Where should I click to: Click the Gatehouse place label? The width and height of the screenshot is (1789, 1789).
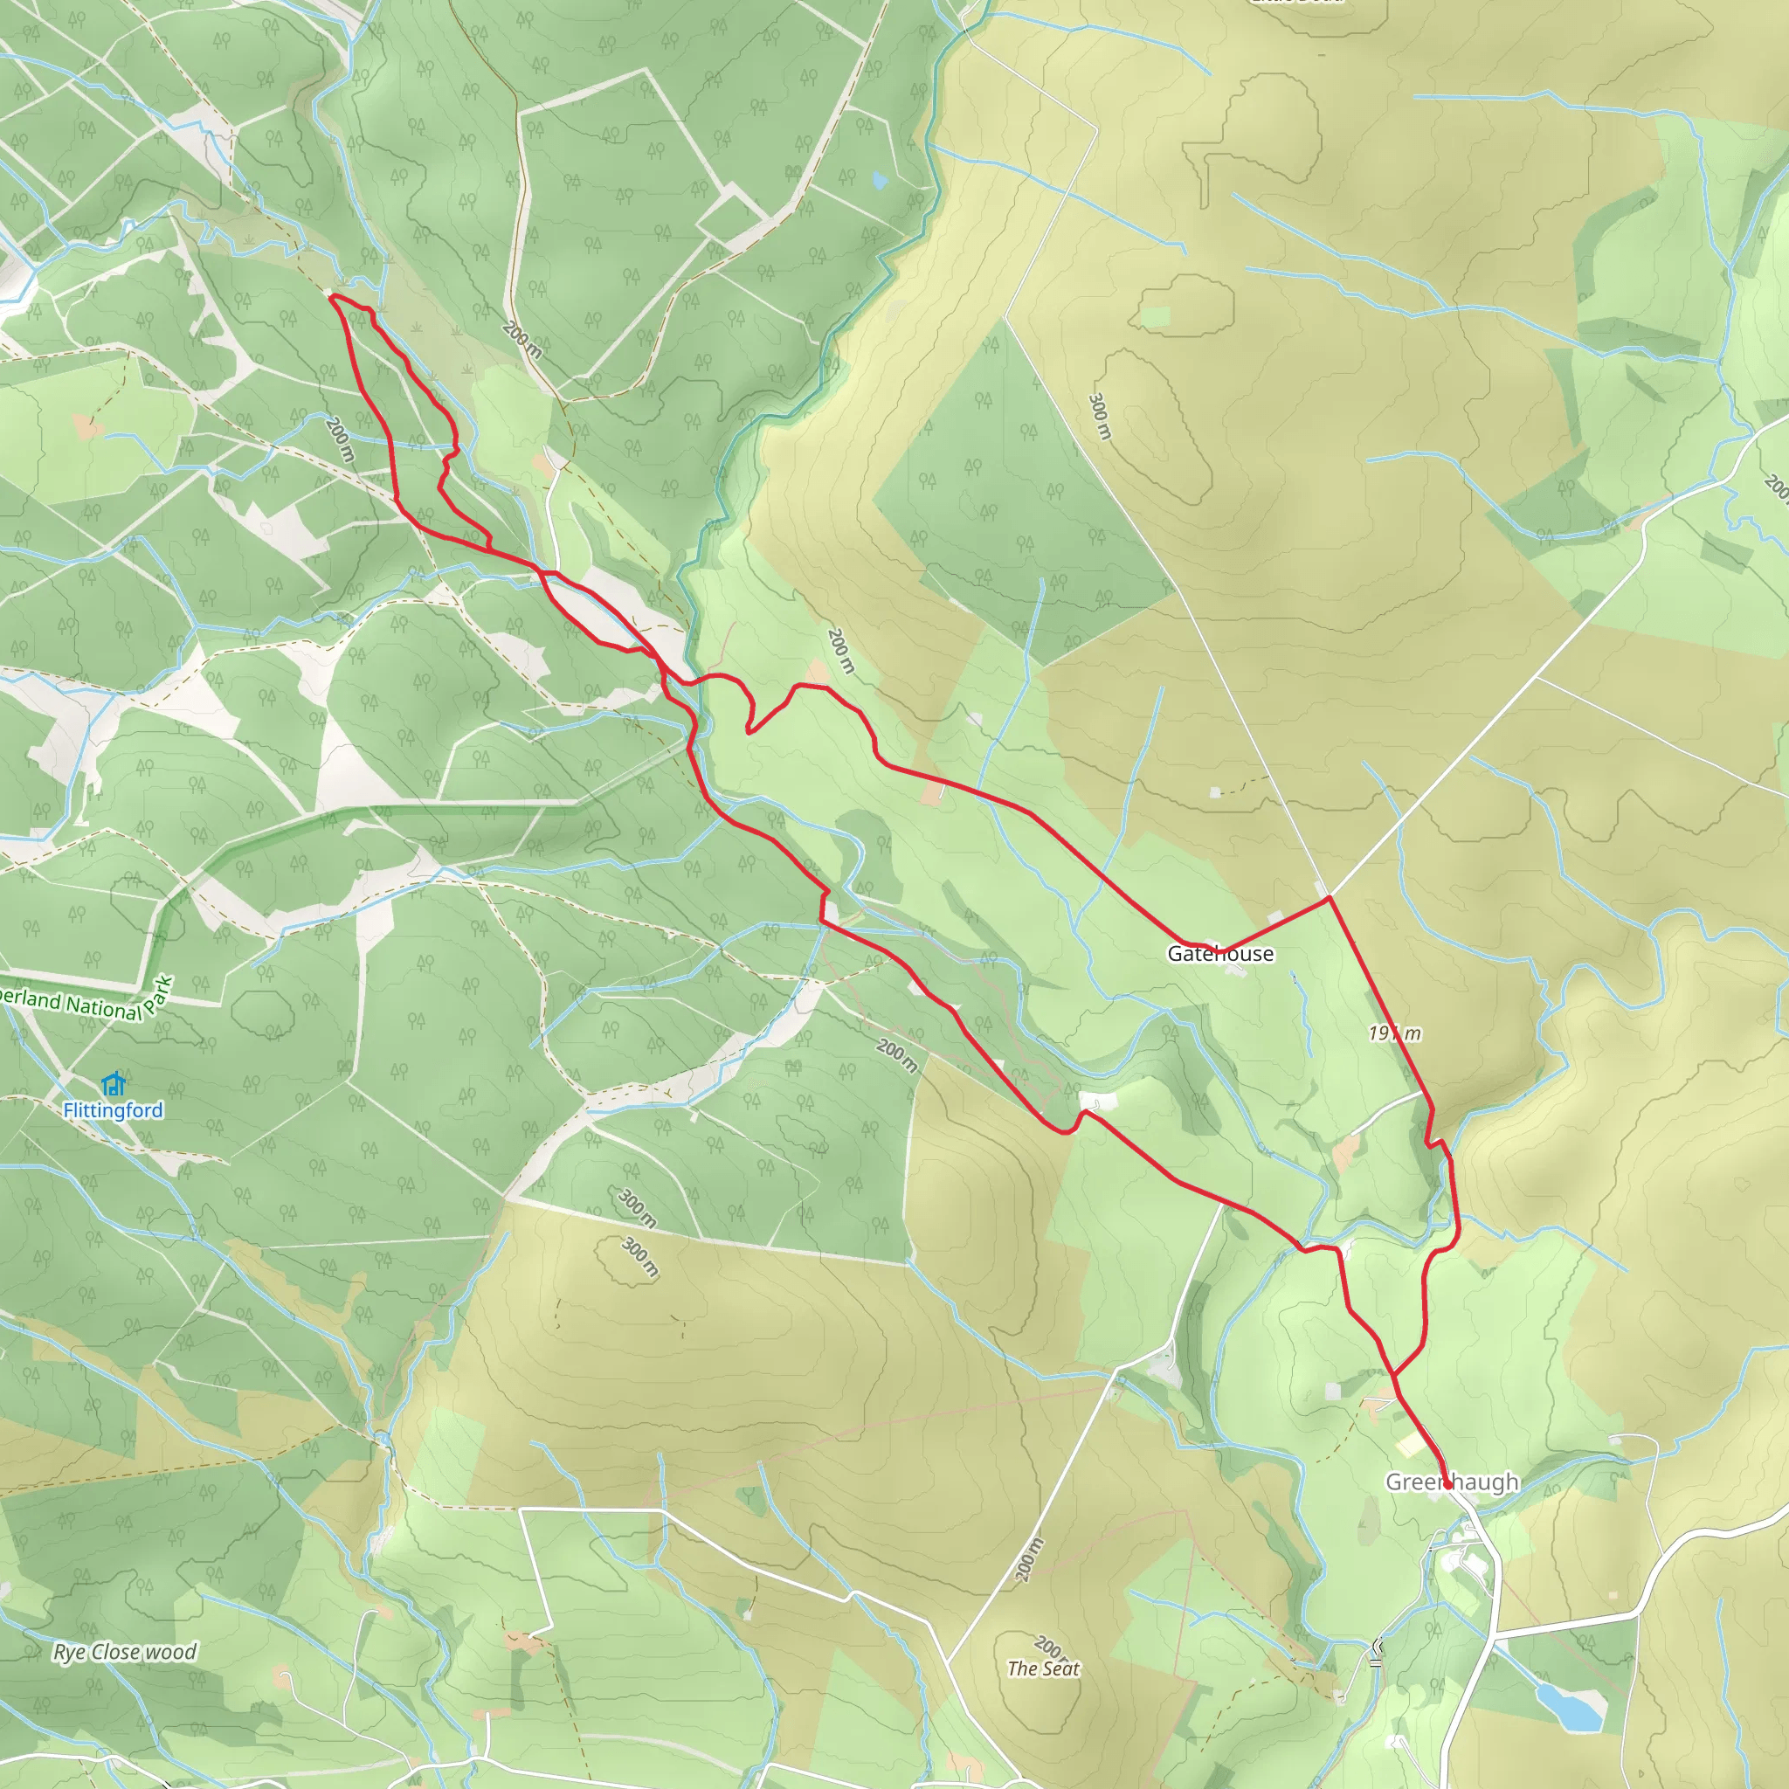coord(1219,954)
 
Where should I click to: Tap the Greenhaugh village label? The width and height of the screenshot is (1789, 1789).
coord(1451,1482)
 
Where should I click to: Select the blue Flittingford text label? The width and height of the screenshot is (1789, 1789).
coord(113,1110)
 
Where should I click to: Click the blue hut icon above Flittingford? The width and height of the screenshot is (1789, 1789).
coord(113,1082)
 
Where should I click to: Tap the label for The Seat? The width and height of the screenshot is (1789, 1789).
coord(1044,1668)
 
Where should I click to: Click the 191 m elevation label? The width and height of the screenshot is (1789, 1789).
coord(1394,1033)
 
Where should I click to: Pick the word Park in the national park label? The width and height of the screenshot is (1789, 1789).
coord(159,996)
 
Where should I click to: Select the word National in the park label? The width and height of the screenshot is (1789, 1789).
coord(104,1007)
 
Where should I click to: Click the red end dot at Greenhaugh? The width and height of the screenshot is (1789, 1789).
coord(1447,1484)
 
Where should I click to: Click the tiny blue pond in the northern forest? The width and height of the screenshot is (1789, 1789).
coord(879,180)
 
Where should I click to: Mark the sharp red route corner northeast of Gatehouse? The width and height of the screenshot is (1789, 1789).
coord(1330,897)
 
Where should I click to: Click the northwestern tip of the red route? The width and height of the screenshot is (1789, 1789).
coord(330,296)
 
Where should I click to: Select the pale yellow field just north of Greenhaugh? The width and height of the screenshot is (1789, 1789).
coord(1412,1446)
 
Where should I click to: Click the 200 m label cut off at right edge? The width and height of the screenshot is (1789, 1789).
coord(1776,488)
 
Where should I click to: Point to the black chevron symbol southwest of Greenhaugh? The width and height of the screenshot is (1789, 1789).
coord(1376,1652)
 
